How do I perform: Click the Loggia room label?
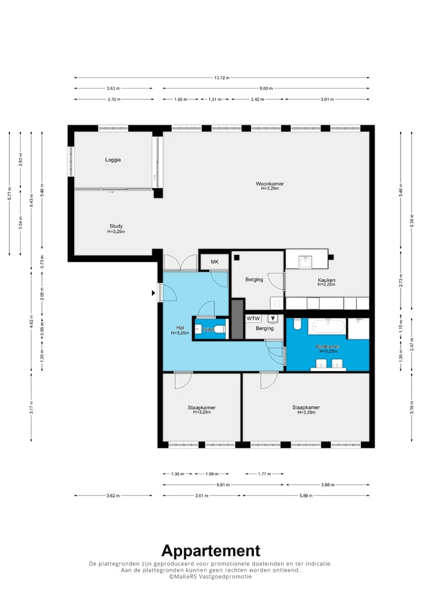(113, 160)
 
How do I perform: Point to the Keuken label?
(326, 281)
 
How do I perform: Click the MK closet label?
(214, 262)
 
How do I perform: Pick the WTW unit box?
(253, 319)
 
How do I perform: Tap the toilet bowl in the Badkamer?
(296, 323)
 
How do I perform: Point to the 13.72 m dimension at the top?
(222, 77)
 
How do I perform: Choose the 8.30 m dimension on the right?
(412, 222)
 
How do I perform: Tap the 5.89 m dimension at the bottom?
(305, 496)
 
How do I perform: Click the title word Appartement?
(210, 550)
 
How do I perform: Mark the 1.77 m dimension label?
(264, 474)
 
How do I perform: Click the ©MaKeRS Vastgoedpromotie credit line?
(210, 576)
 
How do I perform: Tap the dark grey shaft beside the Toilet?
(237, 319)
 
